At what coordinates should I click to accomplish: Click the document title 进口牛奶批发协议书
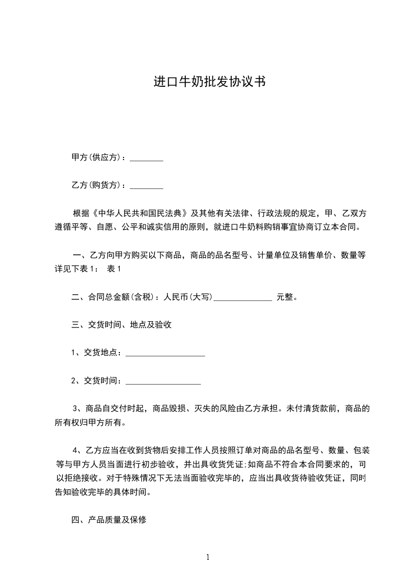click(208, 82)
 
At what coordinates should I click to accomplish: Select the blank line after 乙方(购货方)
click(146, 186)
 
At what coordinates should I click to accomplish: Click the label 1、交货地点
click(97, 353)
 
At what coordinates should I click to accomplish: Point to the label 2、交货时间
click(97, 381)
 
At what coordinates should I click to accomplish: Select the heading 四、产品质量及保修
click(109, 520)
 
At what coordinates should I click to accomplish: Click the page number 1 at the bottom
click(208, 557)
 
